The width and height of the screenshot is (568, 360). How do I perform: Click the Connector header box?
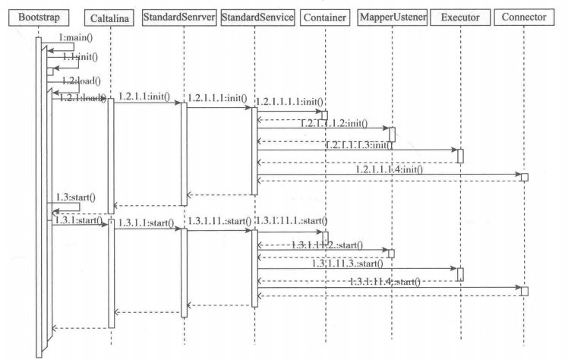(524, 17)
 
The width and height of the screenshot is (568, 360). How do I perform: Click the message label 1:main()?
(74, 38)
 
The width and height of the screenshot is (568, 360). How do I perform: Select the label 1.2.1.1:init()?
(144, 96)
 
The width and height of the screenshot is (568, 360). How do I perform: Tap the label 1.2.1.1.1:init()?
(217, 98)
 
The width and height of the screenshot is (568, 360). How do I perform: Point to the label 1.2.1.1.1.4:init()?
(389, 169)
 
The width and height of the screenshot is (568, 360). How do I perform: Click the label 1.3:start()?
(76, 197)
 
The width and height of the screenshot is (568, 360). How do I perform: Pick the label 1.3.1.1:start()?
(144, 223)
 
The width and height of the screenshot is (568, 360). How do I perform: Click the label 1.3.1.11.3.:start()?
(347, 264)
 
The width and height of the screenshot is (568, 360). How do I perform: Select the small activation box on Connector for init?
(524, 177)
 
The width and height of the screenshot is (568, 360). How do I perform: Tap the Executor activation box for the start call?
(459, 274)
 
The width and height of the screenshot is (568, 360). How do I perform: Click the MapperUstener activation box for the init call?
(392, 134)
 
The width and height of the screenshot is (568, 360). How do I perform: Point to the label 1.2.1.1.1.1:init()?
(290, 103)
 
